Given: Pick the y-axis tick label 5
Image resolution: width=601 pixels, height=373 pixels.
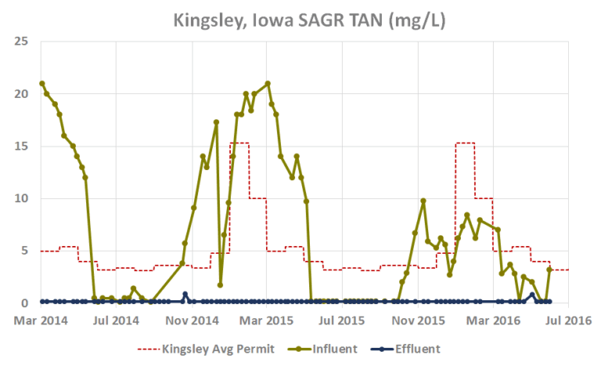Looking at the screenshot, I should [x=26, y=251].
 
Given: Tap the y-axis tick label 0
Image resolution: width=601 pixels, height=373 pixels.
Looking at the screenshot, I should [x=26, y=303].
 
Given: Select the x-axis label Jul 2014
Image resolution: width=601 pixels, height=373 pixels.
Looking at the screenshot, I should [x=116, y=320].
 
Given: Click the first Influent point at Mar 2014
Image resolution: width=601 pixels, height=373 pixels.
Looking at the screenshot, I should [x=42, y=83].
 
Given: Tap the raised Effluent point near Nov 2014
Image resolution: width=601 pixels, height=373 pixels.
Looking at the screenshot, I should [x=185, y=295].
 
